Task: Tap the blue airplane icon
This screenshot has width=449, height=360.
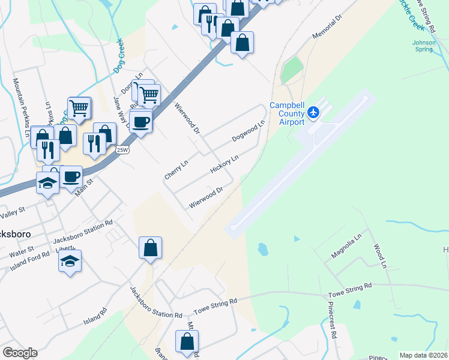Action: (x=313, y=112)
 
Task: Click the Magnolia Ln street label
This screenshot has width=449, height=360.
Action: (x=347, y=247)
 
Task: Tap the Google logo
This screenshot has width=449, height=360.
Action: (x=20, y=353)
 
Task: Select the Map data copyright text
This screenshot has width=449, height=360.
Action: (x=424, y=355)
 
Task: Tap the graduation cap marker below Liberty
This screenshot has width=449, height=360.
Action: (x=70, y=262)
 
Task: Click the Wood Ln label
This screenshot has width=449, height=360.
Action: (x=379, y=255)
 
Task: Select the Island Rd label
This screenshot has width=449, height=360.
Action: (x=95, y=317)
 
